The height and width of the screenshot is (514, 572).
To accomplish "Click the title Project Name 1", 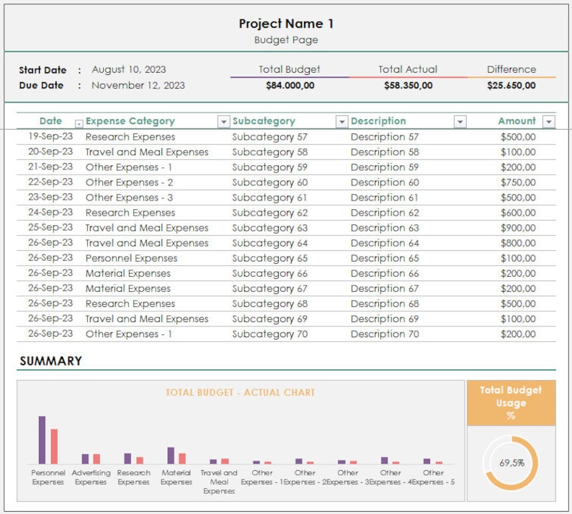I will (286, 23).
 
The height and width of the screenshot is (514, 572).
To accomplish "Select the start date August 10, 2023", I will (129, 70).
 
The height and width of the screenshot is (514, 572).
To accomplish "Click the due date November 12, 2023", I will (138, 85).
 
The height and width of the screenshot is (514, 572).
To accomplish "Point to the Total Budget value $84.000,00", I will (290, 85).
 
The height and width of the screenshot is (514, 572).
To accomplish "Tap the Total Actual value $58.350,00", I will (408, 85).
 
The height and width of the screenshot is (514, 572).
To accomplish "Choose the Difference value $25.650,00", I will (511, 85).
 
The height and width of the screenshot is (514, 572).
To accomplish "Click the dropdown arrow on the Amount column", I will (548, 122).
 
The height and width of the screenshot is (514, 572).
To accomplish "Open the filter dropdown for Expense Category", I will (223, 122).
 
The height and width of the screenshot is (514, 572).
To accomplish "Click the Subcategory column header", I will (264, 121).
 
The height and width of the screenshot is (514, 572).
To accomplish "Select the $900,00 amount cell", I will (517, 228).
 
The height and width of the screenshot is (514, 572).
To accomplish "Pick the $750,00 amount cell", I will (517, 182).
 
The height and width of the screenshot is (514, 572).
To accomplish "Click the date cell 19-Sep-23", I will (50, 137).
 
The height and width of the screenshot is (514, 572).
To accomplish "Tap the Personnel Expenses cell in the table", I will (131, 258).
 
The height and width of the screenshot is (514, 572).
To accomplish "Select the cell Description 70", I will (385, 334).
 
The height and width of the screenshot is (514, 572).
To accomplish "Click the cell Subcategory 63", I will (269, 228).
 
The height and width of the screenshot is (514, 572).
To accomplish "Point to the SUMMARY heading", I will (50, 361).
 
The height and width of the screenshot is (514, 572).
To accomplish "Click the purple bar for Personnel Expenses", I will (42, 440).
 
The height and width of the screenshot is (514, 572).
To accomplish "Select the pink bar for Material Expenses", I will (182, 458).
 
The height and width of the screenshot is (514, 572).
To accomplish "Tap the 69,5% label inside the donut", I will (511, 463).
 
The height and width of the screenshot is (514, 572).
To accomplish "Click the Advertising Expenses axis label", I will (91, 477).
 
